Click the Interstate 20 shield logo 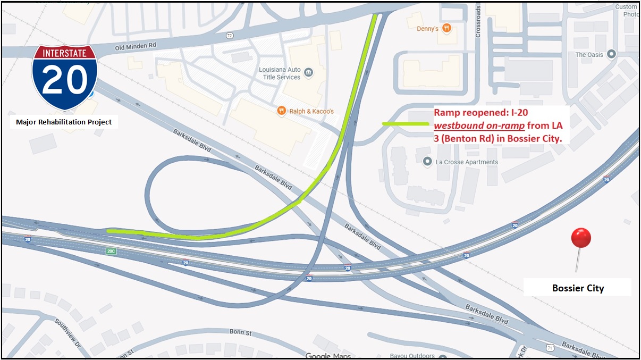(x=64, y=77)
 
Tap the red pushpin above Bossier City (x=580, y=239)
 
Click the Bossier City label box (x=578, y=288)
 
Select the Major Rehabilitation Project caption (x=64, y=122)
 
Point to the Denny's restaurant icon (x=446, y=29)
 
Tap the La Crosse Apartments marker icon (x=426, y=162)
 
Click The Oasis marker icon (x=611, y=54)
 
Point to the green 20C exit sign (x=111, y=251)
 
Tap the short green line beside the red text (x=406, y=123)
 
